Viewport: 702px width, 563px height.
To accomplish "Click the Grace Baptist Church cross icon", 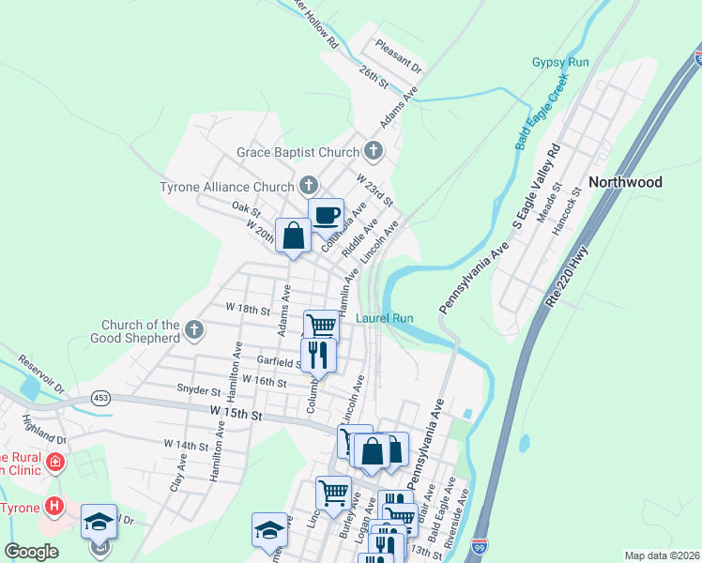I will (374, 151).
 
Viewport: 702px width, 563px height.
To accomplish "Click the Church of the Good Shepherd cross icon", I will (194, 329).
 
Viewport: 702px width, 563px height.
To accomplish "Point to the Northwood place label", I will (625, 182).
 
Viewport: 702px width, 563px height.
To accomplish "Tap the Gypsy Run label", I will (560, 62).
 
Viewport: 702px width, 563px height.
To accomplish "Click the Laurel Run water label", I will (385, 318).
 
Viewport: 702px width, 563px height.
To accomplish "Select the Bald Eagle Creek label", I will (542, 113).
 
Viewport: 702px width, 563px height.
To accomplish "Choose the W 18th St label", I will (248, 309).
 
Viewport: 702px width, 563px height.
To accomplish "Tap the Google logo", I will (31, 552).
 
